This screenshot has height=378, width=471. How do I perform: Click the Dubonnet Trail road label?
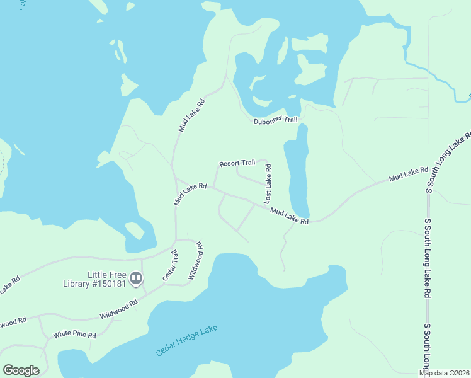[275, 121]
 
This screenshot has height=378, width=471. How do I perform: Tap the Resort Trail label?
[237, 163]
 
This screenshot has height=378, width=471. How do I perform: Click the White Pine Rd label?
[74, 335]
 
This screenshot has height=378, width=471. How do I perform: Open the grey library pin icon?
[135, 278]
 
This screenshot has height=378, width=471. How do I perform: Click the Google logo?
[21, 370]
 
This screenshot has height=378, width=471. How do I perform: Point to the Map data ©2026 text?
[445, 372]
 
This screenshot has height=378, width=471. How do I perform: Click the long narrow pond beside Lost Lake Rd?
[297, 170]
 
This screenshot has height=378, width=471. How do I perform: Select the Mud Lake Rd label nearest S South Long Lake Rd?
[408, 175]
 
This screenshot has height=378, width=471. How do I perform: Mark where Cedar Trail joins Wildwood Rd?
[164, 284]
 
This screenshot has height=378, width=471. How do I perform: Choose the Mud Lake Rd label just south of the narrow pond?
[289, 217]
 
